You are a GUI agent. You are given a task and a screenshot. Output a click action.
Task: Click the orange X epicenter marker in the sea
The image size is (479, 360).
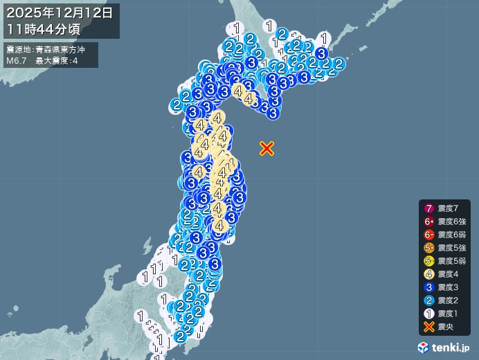(266, 147)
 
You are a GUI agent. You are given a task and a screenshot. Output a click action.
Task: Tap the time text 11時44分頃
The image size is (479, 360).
(44, 28)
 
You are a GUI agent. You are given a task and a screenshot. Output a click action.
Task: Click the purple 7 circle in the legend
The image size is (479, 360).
(429, 208)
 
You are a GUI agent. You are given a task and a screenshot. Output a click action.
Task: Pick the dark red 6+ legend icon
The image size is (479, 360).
(429, 222)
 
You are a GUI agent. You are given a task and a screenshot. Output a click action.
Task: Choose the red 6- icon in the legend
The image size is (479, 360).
(429, 235)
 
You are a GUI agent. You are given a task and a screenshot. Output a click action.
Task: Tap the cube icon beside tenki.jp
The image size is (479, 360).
(424, 346)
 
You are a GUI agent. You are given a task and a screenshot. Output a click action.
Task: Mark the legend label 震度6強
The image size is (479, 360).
(452, 222)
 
